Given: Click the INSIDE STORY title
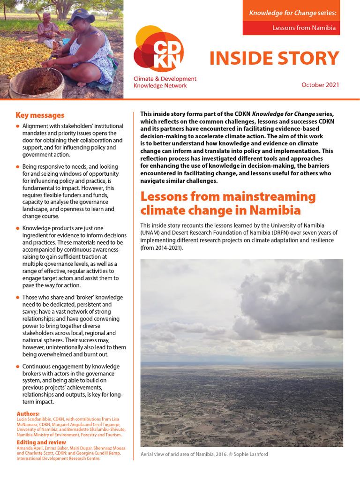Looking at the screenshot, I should coord(274,58).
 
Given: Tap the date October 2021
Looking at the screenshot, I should coord(320,85).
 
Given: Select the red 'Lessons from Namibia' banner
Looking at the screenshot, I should coord(291,28).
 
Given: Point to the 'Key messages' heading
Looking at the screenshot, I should coord(40,115).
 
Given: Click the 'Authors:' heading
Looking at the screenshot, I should coord(28,414).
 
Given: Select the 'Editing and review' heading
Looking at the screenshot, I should coord(41,442).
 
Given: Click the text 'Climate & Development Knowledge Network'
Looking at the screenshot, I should coord(165,82).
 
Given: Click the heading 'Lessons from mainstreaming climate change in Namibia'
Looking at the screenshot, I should coord(228,202).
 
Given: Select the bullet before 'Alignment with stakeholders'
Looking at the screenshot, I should coord(18,127).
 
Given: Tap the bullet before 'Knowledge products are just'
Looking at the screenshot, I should coord(18,228).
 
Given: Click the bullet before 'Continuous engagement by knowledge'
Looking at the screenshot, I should coord(18,367).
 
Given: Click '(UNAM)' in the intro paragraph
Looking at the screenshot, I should coord(152,233).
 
